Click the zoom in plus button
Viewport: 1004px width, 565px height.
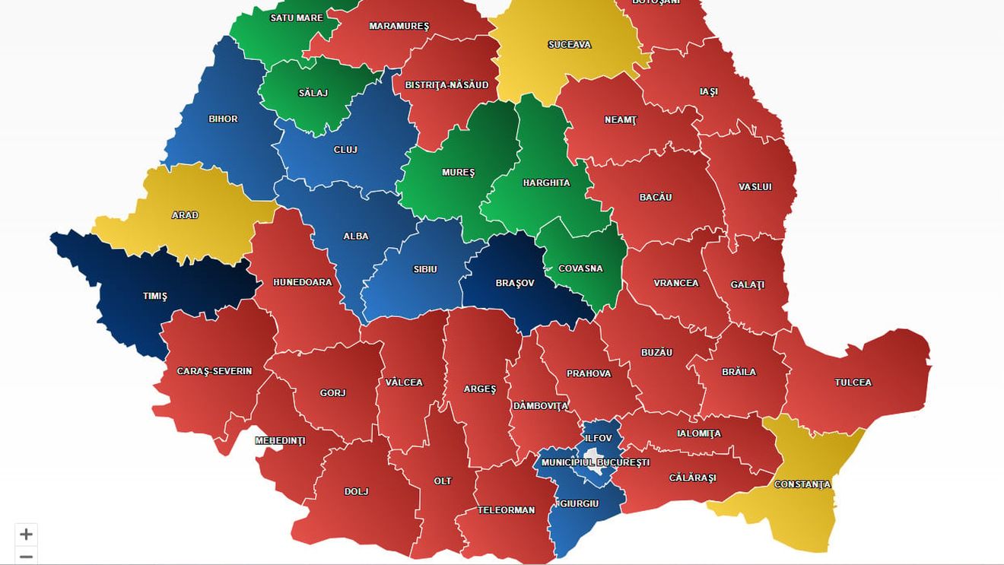tap(26, 534)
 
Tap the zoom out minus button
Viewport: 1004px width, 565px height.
tap(26, 557)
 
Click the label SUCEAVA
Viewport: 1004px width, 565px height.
tap(569, 45)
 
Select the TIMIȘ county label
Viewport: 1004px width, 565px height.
tap(155, 297)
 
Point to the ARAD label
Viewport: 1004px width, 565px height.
tap(185, 215)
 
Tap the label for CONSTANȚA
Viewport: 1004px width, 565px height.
tap(802, 484)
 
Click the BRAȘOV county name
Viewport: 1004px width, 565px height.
tap(515, 283)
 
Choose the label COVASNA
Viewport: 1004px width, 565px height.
tap(580, 268)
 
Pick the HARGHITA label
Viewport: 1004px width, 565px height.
tap(546, 183)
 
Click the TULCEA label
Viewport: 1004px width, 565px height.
tap(853, 382)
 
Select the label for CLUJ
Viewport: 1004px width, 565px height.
tap(345, 150)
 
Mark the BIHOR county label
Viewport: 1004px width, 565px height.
tap(223, 119)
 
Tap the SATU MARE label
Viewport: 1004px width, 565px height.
tap(297, 17)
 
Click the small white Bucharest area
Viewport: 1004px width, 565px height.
tap(593, 455)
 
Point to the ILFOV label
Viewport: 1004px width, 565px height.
tap(599, 439)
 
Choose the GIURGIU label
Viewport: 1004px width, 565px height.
tap(579, 503)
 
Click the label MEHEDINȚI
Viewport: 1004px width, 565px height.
tap(280, 441)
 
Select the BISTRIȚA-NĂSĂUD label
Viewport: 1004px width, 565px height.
tap(446, 85)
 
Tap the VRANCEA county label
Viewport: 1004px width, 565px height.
tap(675, 283)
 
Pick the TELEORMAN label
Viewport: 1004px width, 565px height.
tap(506, 510)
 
